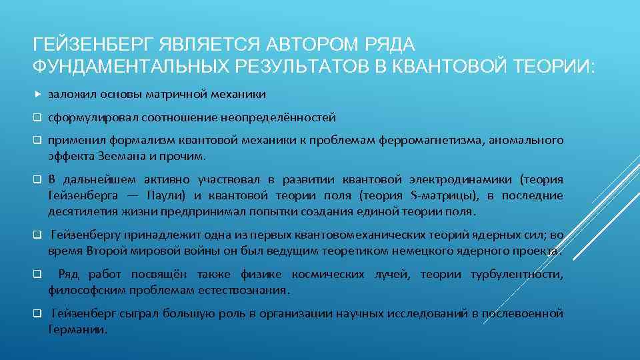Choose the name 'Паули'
click(170, 195)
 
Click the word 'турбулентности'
click(517, 275)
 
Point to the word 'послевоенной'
click(524, 313)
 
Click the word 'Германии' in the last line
click(77, 329)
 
